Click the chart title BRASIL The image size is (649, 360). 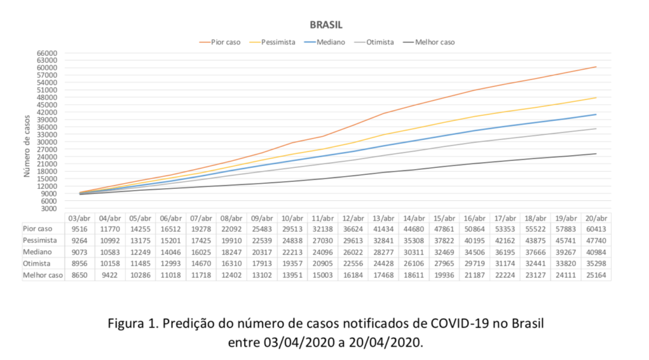(x=326, y=25)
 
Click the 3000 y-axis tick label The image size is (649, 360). (x=50, y=209)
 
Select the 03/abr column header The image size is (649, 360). (x=78, y=217)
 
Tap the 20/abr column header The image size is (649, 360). (x=595, y=217)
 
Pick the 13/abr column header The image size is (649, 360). (x=382, y=217)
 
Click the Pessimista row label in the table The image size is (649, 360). (x=39, y=241)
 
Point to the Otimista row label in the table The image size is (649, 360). (x=37, y=264)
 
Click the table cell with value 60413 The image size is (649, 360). (x=595, y=229)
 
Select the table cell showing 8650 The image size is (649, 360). (x=78, y=275)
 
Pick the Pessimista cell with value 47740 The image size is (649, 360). (x=595, y=241)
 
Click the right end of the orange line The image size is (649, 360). (x=595, y=67)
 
